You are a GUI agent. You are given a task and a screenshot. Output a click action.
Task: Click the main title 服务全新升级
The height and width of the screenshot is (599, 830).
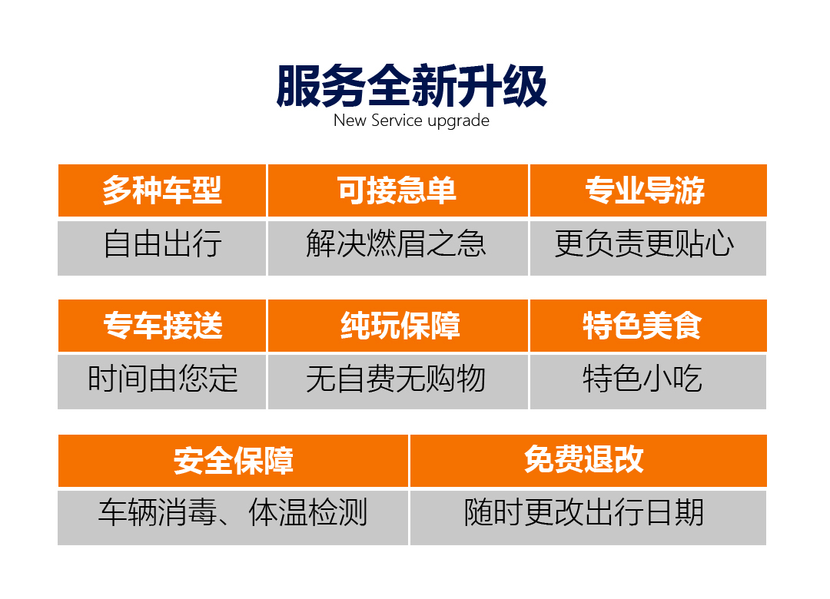[411, 86]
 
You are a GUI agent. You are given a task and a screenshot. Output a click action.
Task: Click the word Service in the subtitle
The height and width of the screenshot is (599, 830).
[397, 121]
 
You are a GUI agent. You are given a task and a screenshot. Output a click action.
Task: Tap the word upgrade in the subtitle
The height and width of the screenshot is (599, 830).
[458, 121]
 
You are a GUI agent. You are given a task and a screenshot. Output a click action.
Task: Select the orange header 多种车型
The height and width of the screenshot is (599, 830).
[162, 190]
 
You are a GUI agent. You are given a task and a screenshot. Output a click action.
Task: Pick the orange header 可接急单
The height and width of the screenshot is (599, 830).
[398, 190]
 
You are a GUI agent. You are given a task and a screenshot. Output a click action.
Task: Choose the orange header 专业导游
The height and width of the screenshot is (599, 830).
[649, 190]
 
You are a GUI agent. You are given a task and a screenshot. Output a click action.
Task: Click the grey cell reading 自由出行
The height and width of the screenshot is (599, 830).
[162, 248]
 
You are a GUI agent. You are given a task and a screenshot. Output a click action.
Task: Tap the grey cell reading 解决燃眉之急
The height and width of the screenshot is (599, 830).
[398, 248]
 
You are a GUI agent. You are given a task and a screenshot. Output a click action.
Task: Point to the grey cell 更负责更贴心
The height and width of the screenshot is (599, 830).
[649, 248]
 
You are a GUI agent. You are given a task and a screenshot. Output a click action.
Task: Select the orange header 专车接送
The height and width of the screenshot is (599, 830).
[162, 326]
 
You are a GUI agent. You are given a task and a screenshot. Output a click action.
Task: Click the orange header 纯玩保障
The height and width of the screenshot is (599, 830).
[398, 326]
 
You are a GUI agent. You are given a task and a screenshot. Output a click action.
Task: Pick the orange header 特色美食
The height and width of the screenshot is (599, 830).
[649, 326]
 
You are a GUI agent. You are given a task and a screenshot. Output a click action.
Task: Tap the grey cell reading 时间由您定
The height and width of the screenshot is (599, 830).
[162, 382]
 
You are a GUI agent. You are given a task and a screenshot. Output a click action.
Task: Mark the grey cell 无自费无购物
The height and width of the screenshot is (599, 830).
[398, 382]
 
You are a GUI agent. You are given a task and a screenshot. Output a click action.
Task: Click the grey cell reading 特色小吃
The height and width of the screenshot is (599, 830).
[649, 382]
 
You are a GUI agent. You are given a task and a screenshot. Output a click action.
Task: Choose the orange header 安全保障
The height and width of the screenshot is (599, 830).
[234, 460]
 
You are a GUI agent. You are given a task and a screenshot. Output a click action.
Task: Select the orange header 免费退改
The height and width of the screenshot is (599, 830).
[589, 460]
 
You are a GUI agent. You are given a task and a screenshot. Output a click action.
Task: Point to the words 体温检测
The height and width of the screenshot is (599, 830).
[307, 512]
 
